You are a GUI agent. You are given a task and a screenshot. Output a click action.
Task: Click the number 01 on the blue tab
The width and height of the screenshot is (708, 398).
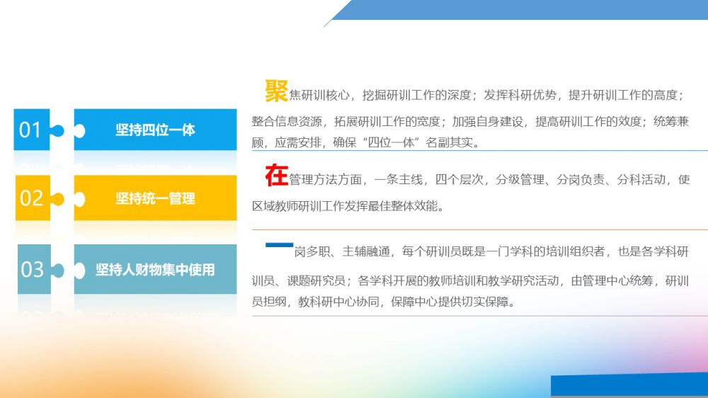[x=30, y=130]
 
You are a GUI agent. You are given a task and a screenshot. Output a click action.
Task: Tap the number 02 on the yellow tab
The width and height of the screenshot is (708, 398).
[x=31, y=198]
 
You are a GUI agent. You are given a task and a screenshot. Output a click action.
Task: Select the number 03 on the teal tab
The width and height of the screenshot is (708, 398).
[x=32, y=270]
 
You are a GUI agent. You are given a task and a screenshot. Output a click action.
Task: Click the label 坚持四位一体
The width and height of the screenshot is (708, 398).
[x=155, y=130]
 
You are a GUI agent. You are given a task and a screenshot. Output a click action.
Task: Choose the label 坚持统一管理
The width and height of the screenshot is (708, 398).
[x=155, y=198]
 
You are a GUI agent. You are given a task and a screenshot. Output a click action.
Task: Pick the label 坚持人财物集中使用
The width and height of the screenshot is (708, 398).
[x=155, y=270]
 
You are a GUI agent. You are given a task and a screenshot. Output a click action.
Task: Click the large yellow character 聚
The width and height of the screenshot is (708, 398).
[x=276, y=91]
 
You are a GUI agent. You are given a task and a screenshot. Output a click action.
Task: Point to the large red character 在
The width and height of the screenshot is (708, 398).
[x=276, y=176]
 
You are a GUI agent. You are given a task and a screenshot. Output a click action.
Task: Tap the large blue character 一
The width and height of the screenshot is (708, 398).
[x=279, y=245]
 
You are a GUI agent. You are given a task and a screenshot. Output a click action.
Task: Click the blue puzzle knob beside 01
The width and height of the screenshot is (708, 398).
[x=57, y=130]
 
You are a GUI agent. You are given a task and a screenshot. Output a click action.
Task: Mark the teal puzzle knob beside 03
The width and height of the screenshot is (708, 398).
[x=57, y=270]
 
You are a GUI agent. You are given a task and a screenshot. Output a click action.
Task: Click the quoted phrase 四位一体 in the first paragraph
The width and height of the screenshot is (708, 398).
[x=391, y=143]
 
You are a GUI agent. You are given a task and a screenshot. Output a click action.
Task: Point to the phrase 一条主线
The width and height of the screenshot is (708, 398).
[x=398, y=180]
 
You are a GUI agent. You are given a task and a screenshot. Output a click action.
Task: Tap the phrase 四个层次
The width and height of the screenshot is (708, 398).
[x=459, y=180]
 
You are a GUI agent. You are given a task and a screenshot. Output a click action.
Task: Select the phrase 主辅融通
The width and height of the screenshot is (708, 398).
[x=366, y=251]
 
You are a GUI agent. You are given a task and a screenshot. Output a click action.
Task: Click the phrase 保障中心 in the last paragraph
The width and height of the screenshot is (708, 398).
[x=414, y=302]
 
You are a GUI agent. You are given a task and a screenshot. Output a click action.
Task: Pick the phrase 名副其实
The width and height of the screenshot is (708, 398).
[x=450, y=143]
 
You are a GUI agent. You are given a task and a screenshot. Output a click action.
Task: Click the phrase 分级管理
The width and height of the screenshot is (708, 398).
[x=520, y=180]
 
